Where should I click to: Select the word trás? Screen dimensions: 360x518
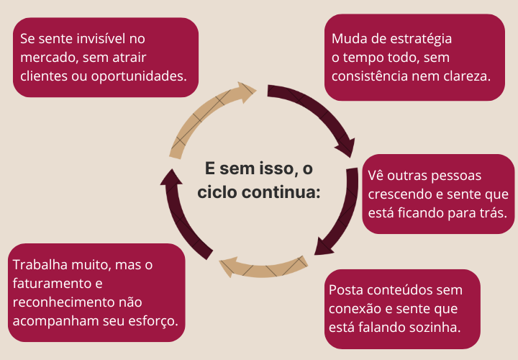coord(491,212)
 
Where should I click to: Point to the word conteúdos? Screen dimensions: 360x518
coord(405,289)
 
